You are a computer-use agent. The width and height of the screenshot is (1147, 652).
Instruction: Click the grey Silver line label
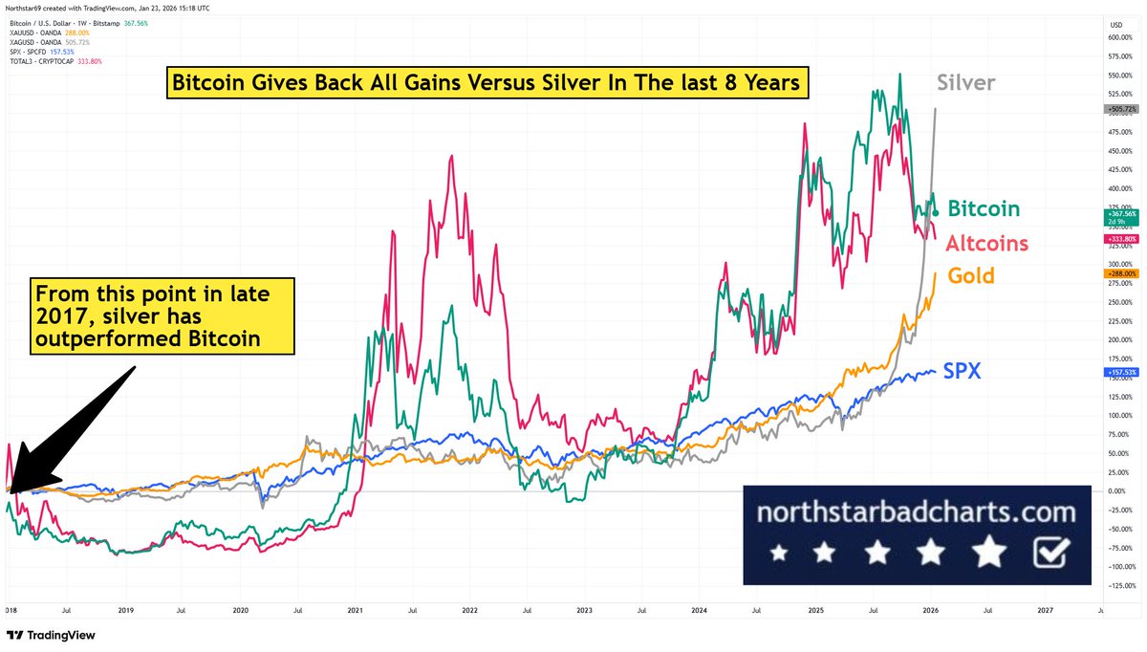point(964,83)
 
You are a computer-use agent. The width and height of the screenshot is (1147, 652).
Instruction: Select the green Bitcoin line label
point(984,208)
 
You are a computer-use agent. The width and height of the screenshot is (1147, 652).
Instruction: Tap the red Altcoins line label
point(986,243)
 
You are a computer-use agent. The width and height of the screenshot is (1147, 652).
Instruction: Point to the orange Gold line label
point(971,276)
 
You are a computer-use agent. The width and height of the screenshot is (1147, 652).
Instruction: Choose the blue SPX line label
point(962,370)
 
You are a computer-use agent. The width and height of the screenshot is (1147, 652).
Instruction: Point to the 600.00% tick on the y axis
point(1120,37)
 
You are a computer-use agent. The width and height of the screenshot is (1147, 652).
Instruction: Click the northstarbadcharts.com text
point(916,512)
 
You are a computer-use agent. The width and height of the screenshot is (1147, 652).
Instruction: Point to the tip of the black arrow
point(10,489)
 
